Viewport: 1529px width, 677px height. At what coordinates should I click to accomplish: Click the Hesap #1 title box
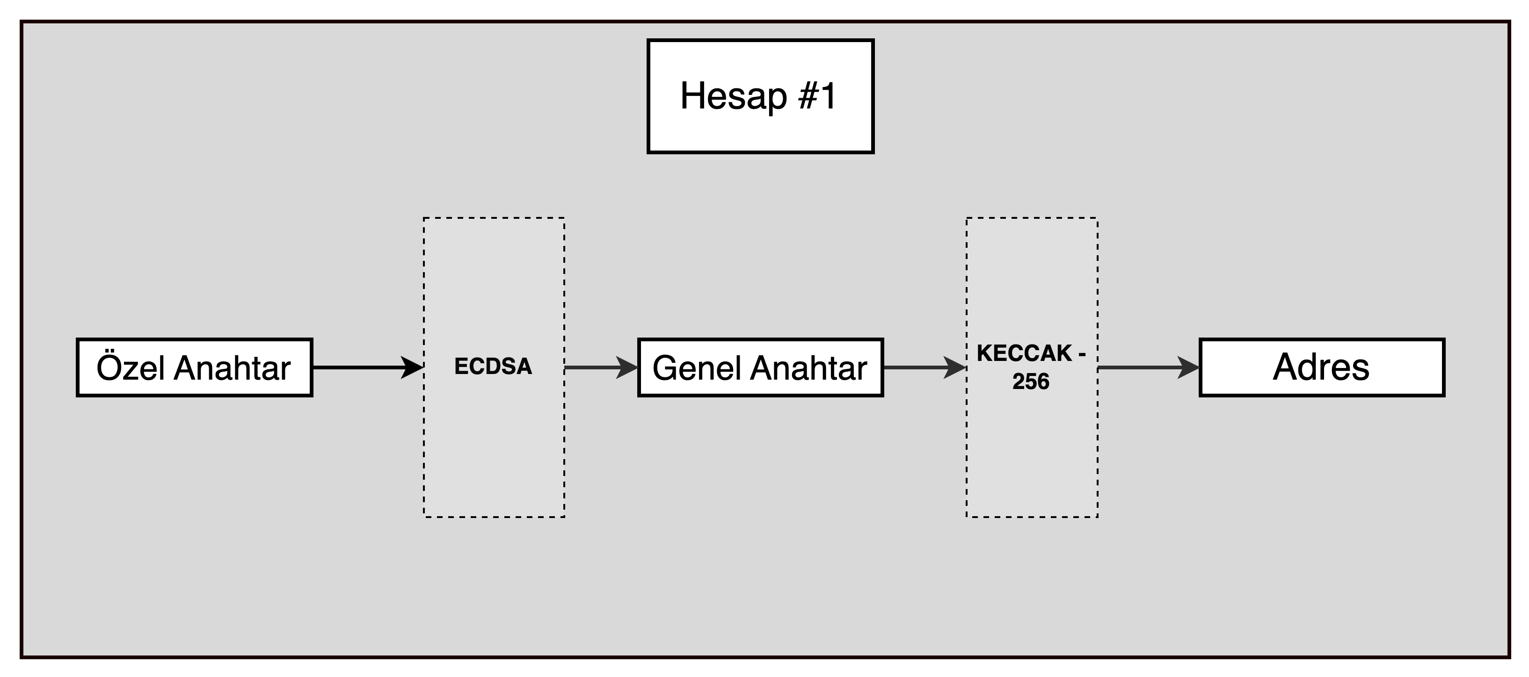tap(760, 97)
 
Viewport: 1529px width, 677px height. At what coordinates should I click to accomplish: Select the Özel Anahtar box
tap(195, 367)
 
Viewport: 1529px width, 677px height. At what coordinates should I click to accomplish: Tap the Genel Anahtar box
tap(760, 367)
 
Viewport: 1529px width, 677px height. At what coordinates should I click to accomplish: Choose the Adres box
tap(1322, 367)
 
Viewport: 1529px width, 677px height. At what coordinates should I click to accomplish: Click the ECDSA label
tap(493, 367)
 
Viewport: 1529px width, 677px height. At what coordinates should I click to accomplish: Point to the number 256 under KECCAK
tap(1031, 382)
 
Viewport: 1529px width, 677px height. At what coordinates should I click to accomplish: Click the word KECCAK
tap(1025, 353)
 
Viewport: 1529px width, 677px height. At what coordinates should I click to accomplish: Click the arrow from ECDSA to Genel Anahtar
tap(601, 367)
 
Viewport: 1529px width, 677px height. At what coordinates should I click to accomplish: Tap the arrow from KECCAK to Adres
tap(1149, 367)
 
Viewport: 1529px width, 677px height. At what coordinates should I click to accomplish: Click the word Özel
tap(131, 367)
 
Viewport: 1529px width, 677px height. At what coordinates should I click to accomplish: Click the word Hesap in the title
tap(734, 96)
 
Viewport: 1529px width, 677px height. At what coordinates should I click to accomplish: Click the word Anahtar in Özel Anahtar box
tap(233, 368)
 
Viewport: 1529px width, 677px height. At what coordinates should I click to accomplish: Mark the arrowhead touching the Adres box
tap(1188, 367)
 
